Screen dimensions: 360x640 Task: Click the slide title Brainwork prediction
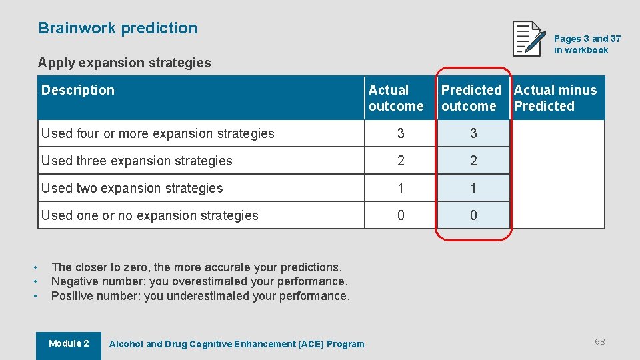[118, 28]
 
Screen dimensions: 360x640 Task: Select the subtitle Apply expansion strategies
[124, 63]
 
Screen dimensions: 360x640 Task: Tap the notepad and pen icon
[529, 39]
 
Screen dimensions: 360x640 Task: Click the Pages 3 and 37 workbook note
[587, 44]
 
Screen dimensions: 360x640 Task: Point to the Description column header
[78, 90]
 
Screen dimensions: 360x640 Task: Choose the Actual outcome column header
[396, 98]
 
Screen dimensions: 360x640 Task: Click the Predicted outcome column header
[471, 98]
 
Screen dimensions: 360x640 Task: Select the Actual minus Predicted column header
[555, 98]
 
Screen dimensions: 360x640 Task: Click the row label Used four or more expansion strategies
[158, 133]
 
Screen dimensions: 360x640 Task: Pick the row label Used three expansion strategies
[137, 161]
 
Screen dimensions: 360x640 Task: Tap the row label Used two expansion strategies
[132, 188]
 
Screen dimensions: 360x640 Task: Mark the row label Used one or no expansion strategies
[150, 215]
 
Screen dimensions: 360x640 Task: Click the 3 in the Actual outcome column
[401, 133]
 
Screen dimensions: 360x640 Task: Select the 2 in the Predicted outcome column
[473, 161]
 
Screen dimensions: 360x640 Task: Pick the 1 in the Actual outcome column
[401, 188]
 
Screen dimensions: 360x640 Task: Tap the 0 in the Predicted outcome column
[473, 215]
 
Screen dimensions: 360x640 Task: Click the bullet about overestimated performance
[199, 281]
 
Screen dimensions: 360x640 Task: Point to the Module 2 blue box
[69, 344]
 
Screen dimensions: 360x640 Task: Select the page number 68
[600, 341]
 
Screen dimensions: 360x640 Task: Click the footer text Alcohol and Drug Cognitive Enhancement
[237, 344]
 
